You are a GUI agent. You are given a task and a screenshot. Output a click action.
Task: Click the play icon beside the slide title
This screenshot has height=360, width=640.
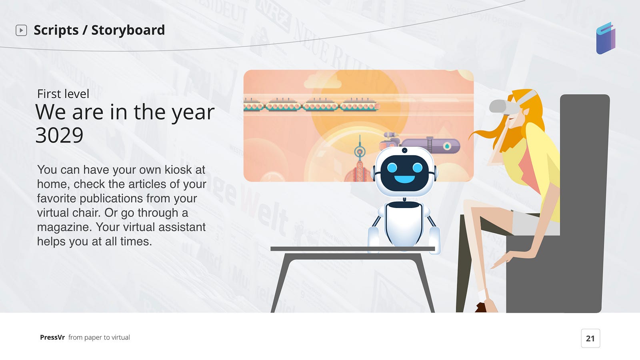(21, 30)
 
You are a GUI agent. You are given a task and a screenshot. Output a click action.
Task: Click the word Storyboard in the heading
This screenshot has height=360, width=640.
(128, 30)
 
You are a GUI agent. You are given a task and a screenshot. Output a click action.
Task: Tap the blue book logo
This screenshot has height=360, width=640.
(606, 38)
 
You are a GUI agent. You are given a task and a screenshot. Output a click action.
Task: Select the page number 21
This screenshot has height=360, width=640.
(590, 338)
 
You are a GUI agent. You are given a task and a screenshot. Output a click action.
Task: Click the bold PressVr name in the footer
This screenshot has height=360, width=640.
(52, 338)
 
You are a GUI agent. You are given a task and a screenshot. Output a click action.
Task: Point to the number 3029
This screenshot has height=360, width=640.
(60, 135)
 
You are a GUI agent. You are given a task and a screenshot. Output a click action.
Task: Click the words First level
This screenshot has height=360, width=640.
(63, 94)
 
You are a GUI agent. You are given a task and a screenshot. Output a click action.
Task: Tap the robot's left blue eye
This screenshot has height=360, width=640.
(392, 168)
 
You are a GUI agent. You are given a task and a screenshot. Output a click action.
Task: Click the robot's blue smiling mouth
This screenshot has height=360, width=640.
(404, 179)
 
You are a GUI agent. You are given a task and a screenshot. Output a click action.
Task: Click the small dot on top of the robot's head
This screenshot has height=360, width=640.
(404, 150)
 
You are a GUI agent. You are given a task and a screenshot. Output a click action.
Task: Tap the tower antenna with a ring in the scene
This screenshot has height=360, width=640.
(360, 150)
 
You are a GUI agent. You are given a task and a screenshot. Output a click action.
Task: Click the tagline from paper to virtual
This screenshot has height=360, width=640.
(99, 338)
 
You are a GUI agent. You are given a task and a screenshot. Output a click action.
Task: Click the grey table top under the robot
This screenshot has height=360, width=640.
(352, 249)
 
